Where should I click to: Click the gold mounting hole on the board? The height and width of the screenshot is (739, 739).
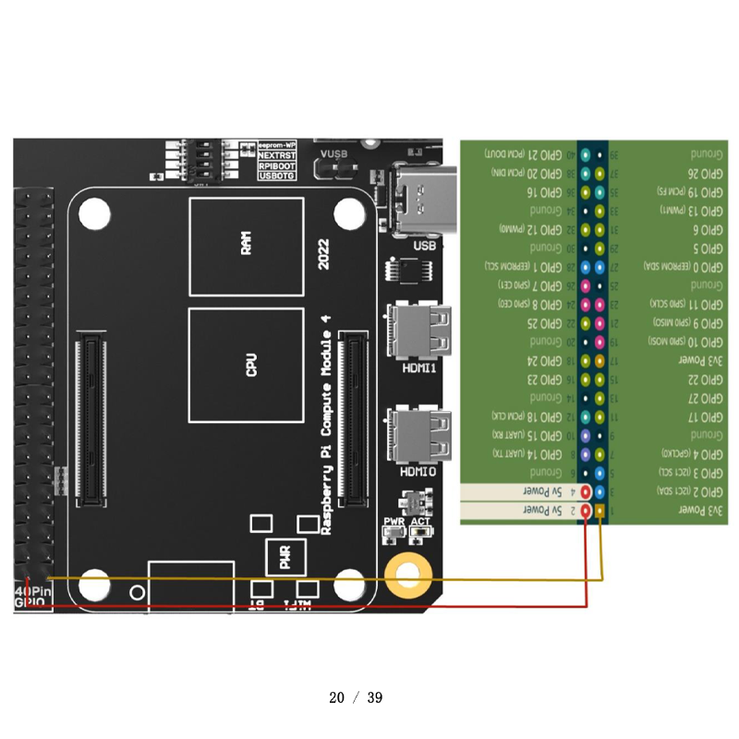click(408, 576)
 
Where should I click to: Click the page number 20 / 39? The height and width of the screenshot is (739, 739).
click(356, 697)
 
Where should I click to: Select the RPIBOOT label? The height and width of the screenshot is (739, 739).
click(277, 166)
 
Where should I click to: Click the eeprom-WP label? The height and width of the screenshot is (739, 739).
click(277, 146)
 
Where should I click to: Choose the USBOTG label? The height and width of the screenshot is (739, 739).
click(277, 176)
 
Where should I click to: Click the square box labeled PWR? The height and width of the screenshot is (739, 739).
click(285, 558)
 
